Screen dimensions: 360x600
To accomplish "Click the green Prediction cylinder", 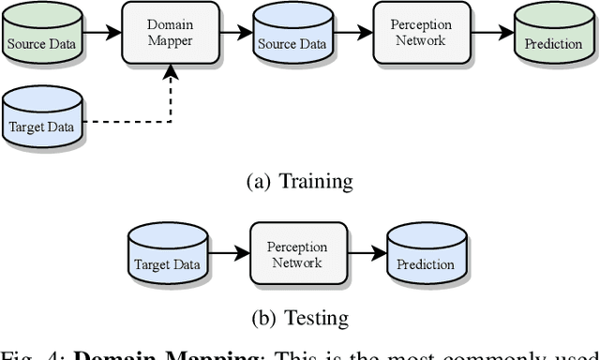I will pyautogui.click(x=552, y=37).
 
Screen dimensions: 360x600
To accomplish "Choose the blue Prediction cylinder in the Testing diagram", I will pyautogui.click(x=425, y=257).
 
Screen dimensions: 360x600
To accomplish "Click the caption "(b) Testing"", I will pyautogui.click(x=299, y=318).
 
